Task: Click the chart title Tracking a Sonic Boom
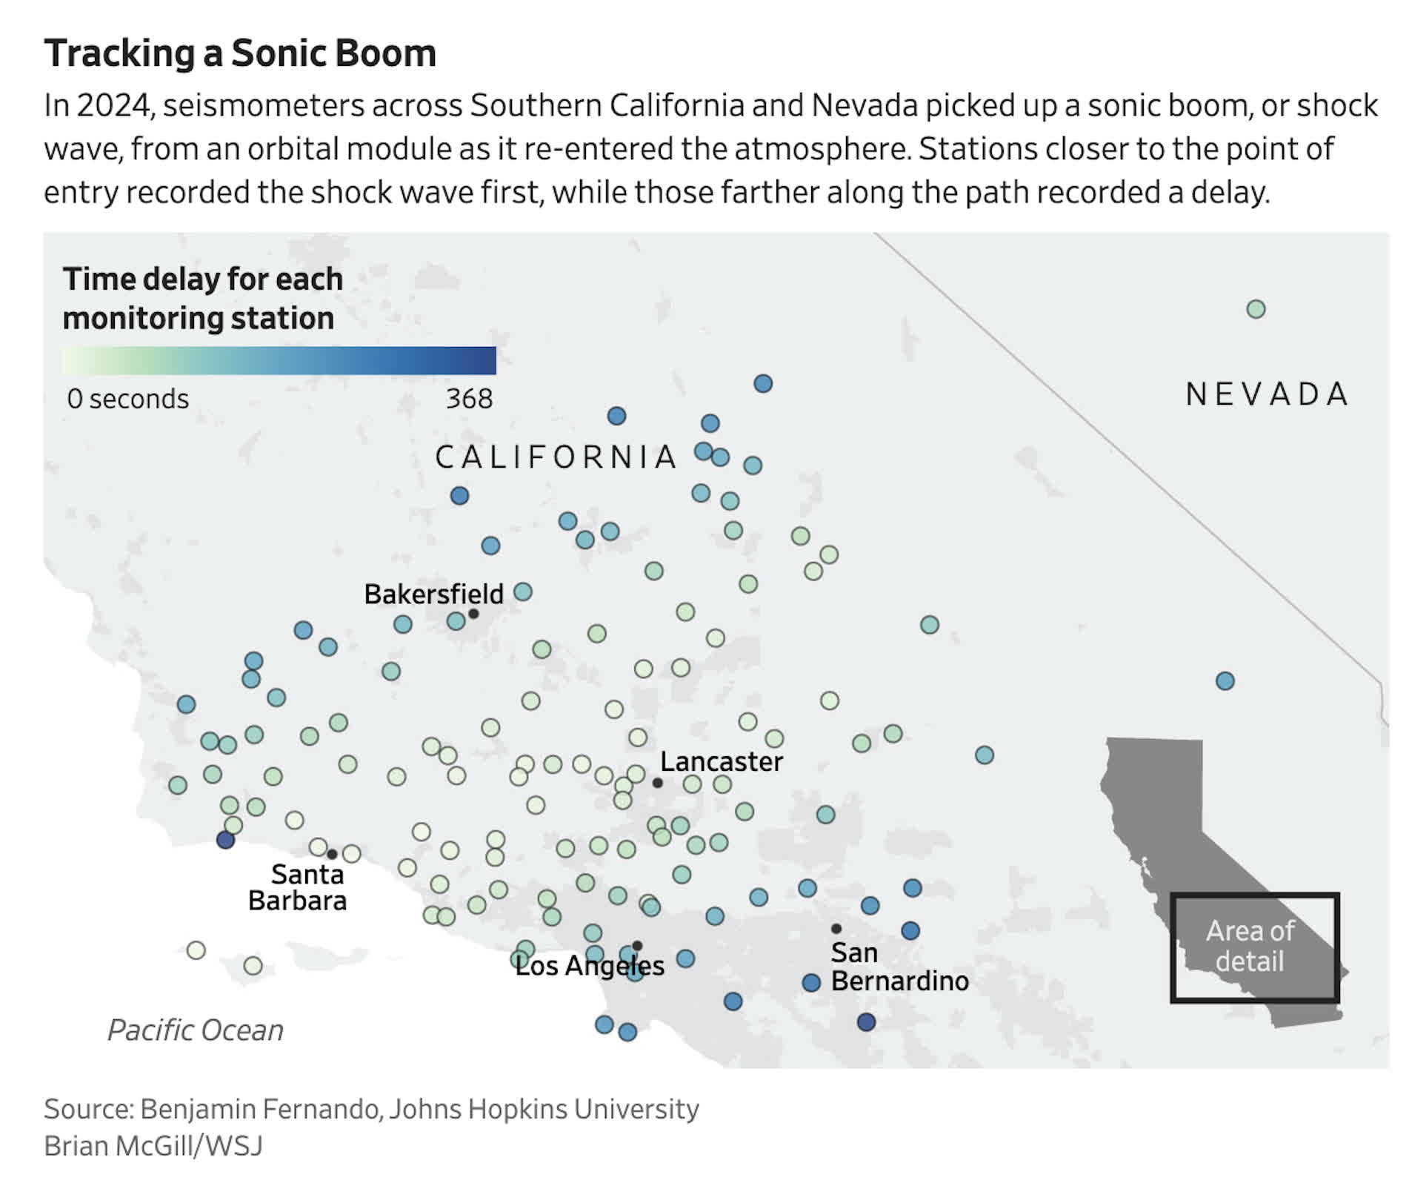pos(240,53)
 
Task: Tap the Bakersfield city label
pos(433,594)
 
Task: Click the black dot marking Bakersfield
pos(473,614)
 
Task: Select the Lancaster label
pos(721,761)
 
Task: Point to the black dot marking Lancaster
pos(657,783)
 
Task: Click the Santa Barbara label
pos(298,887)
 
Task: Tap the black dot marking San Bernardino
pos(836,928)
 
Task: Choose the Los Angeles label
pos(590,966)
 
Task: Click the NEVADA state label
pos(1268,394)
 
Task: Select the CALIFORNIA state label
pos(556,457)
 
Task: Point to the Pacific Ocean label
pos(196,1030)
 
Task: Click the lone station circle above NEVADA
pos(1256,309)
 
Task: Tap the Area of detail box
pos(1254,947)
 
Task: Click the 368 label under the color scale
pos(469,399)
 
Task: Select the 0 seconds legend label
pos(128,399)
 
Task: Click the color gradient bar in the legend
pos(279,361)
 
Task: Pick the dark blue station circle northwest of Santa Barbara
pos(226,840)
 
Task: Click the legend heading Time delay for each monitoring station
pos(202,299)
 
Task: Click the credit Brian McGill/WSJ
pos(153,1145)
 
